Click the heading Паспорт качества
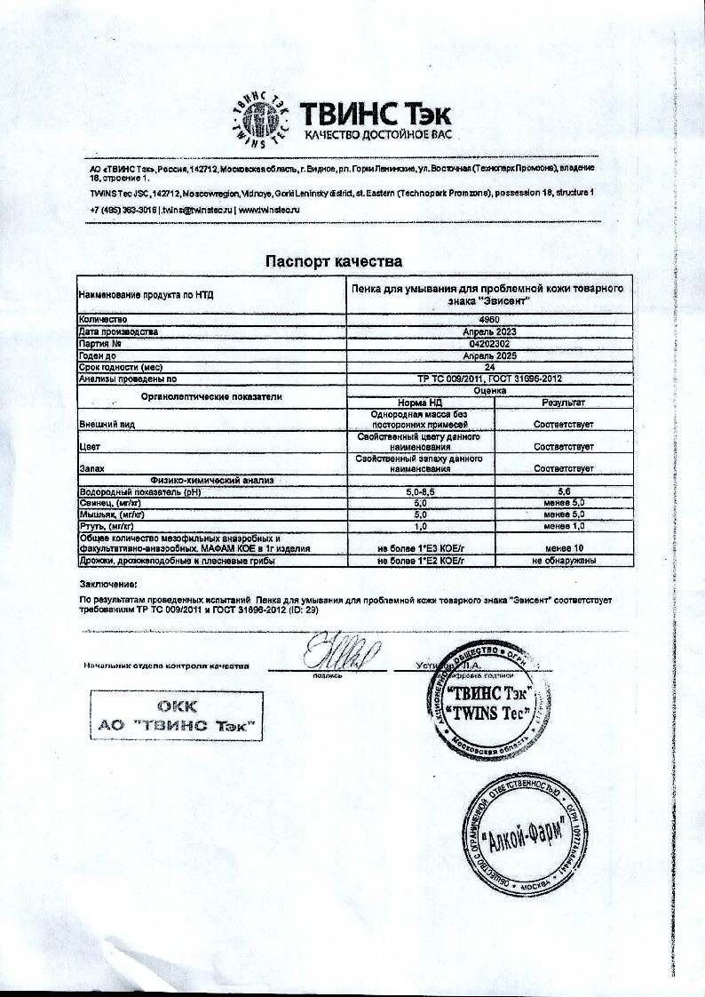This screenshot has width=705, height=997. tap(335, 261)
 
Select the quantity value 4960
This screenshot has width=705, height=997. tap(488, 319)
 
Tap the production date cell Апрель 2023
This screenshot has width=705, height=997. tap(488, 331)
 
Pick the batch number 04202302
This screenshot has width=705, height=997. tap(488, 343)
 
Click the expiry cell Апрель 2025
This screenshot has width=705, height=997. tap(488, 355)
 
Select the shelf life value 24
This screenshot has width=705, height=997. tap(488, 366)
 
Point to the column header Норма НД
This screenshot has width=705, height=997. tap(418, 403)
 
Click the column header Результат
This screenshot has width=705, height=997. tap(563, 403)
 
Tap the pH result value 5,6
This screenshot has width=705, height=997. tap(563, 491)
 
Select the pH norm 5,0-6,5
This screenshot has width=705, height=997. tap(418, 491)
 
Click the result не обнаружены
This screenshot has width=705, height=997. tap(563, 562)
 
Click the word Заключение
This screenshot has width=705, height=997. tap(107, 585)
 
